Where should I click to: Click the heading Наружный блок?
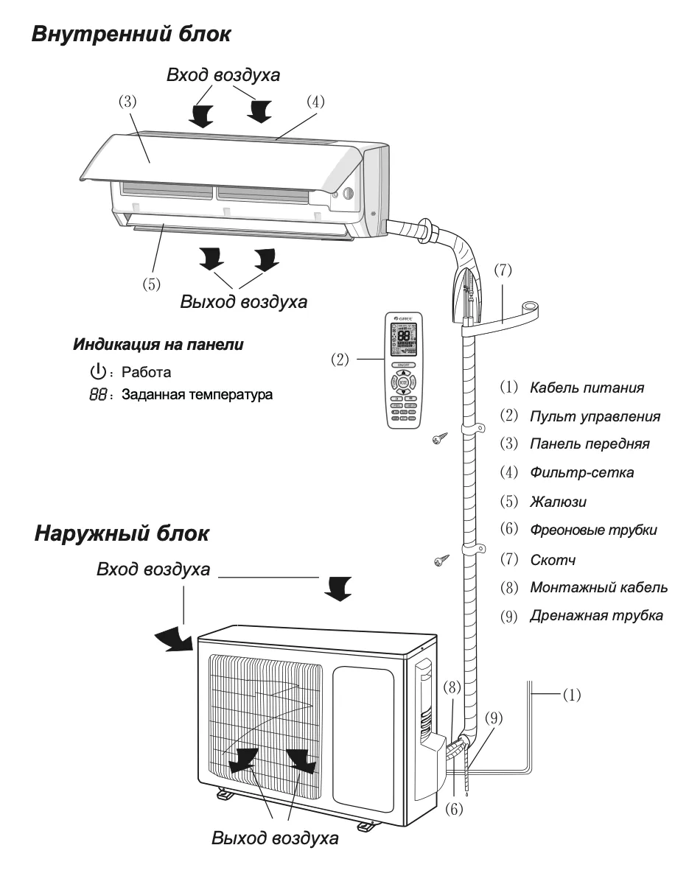click(x=122, y=534)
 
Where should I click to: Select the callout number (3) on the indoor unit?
click(x=129, y=102)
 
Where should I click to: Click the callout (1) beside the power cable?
click(x=571, y=694)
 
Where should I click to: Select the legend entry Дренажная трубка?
click(x=596, y=616)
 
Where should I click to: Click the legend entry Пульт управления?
click(x=594, y=416)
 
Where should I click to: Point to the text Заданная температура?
click(x=197, y=394)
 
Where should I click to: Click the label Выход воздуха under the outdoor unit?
click(x=275, y=838)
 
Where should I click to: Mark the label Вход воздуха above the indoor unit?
click(x=223, y=76)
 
